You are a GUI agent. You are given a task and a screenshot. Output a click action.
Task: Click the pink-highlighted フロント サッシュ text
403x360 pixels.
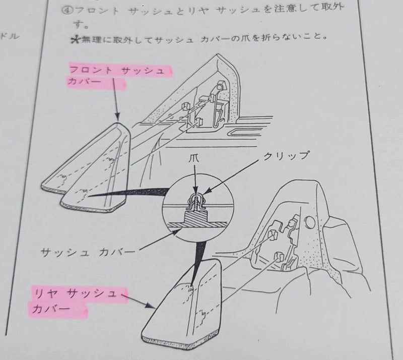[117, 71]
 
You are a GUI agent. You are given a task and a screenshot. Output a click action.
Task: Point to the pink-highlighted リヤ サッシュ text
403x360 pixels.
[75, 294]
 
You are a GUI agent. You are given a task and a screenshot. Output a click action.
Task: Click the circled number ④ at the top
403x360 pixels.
[68, 11]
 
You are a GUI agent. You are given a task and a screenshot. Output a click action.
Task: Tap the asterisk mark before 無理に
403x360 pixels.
[75, 40]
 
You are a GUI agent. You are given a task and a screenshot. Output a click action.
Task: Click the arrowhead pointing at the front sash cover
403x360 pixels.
[117, 117]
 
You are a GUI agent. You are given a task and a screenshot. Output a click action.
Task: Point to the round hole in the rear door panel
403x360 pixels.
[309, 221]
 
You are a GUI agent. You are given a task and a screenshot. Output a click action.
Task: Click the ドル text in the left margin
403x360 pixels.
[10, 36]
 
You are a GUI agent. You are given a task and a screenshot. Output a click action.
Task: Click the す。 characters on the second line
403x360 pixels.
[80, 25]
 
